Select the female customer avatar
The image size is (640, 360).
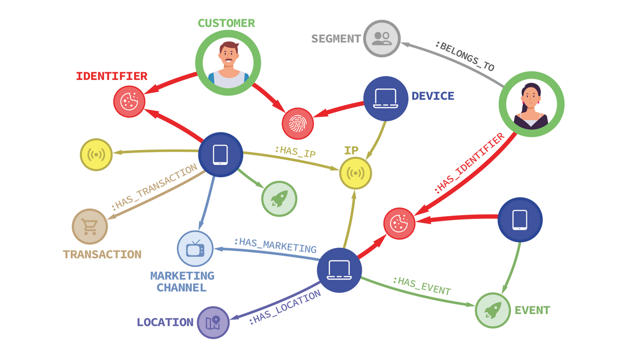pos(531,104)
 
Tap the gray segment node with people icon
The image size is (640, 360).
pos(381,38)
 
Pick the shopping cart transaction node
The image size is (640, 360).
pos(90,226)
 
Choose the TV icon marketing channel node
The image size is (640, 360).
pos(195,248)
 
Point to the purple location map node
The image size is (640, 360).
pos(213,322)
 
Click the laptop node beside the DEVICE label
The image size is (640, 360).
pos(385,98)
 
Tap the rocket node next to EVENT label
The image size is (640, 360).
pos(492,310)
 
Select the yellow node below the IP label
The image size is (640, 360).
pos(355,173)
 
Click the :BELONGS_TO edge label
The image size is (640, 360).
pos(464,56)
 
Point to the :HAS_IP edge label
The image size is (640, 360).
pos(295,151)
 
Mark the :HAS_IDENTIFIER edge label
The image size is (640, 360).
pos(469,163)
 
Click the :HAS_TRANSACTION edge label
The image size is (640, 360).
pos(154,187)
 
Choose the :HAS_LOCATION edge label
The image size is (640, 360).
pos(284,307)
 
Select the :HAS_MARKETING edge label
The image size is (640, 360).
pos(275,245)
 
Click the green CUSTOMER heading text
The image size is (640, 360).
pos(226,23)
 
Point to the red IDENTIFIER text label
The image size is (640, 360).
pos(111,76)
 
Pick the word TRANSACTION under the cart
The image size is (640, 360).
pos(102,254)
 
